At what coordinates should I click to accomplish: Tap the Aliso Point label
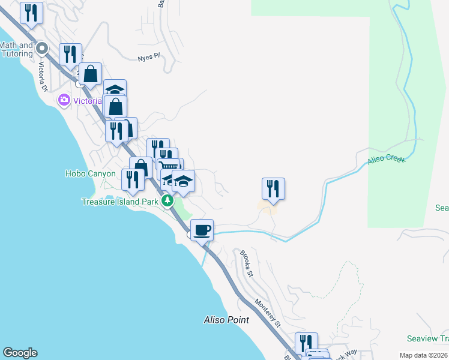point(226,320)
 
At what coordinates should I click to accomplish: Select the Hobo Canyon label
point(90,174)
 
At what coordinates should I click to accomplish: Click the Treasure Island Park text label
point(119,202)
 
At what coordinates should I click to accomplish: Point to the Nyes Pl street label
point(149,57)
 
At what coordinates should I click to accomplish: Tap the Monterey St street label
point(268,312)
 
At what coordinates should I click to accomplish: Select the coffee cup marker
point(202,230)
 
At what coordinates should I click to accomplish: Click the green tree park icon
point(167,201)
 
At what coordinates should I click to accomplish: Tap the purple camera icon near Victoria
point(64,100)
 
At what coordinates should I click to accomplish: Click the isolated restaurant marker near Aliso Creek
point(273,188)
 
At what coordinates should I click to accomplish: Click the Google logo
point(20,353)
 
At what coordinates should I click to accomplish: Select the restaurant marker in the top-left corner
point(31,13)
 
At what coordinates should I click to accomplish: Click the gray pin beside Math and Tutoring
point(41,48)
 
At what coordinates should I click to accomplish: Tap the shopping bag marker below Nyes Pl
point(90,74)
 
